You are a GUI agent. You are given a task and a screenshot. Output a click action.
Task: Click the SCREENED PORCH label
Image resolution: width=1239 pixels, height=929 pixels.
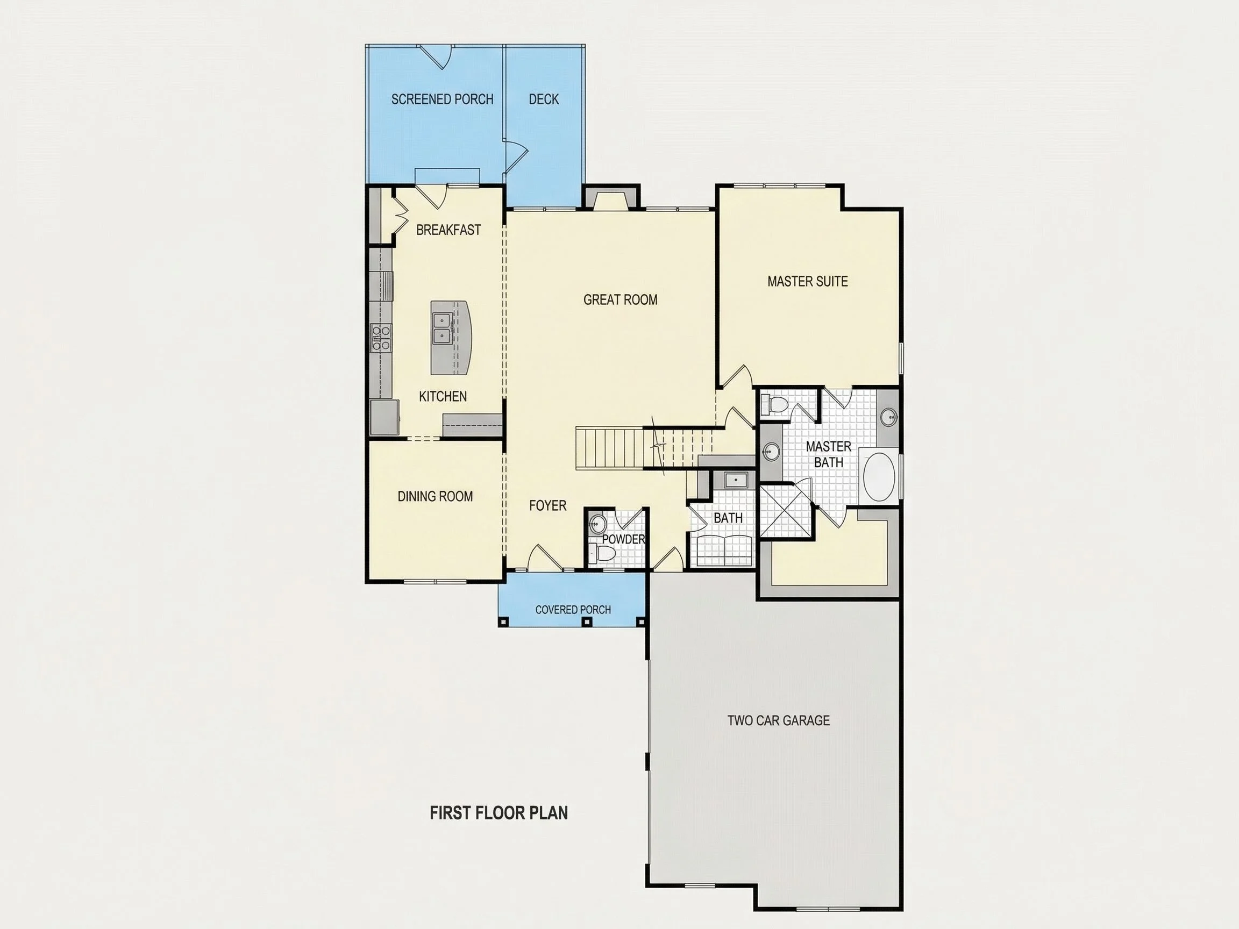click(442, 99)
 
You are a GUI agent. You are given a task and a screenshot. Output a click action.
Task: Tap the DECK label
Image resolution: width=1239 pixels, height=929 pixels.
click(543, 99)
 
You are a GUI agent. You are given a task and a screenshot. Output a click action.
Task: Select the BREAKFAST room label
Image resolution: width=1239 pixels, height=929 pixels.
click(448, 230)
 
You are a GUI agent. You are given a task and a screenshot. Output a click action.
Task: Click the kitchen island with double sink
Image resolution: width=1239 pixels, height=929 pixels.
click(451, 338)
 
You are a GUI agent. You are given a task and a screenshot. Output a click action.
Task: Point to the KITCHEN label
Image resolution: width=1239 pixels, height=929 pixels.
click(443, 396)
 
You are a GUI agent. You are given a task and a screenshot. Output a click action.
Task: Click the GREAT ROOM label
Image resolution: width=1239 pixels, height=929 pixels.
click(620, 299)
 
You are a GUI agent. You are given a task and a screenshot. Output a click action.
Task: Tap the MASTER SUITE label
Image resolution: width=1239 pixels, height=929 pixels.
click(807, 281)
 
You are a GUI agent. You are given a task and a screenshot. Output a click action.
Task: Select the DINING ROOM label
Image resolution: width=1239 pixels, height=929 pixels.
click(435, 496)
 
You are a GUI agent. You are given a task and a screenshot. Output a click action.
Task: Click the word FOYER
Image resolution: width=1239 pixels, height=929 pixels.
click(547, 506)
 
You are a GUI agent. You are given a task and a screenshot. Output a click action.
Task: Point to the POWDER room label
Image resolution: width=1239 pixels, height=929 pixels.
click(623, 539)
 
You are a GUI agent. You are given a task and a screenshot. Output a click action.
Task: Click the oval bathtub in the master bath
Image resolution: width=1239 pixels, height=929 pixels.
click(880, 476)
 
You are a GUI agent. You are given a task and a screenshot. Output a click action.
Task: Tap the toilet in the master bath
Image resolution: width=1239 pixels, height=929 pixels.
click(776, 404)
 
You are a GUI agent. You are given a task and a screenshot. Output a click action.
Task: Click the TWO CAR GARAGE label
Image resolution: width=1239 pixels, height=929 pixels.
click(778, 720)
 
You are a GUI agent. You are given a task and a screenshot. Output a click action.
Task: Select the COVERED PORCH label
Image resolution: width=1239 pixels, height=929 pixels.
click(573, 610)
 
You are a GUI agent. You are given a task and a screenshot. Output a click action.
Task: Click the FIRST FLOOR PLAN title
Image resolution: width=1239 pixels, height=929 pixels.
click(499, 812)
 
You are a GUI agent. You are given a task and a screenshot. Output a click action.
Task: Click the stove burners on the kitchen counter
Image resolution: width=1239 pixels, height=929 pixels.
click(381, 338)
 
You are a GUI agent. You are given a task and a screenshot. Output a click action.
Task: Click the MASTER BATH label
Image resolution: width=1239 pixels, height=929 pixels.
click(829, 454)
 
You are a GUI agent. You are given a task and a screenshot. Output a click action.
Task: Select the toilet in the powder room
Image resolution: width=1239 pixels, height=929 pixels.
click(604, 554)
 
